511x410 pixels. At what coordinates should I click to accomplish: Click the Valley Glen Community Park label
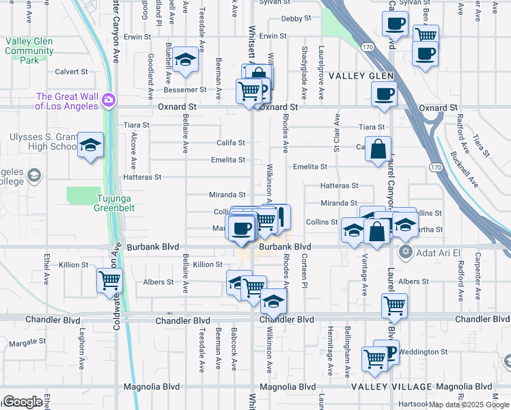click(x=29, y=51)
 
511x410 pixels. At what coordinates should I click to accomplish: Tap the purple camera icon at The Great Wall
click(x=109, y=102)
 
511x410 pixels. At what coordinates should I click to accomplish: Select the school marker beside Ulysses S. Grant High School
click(x=90, y=146)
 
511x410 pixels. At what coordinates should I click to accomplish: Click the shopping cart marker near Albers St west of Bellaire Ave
click(x=110, y=281)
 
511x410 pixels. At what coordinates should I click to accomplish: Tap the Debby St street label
click(x=296, y=18)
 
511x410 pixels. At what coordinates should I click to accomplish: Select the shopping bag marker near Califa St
click(x=378, y=150)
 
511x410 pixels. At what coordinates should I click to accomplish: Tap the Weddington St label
click(x=424, y=352)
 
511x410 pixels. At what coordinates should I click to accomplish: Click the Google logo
click(x=23, y=402)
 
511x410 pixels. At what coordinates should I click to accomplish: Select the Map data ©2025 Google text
click(x=469, y=405)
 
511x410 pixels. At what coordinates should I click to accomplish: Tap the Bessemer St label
click(x=184, y=90)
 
